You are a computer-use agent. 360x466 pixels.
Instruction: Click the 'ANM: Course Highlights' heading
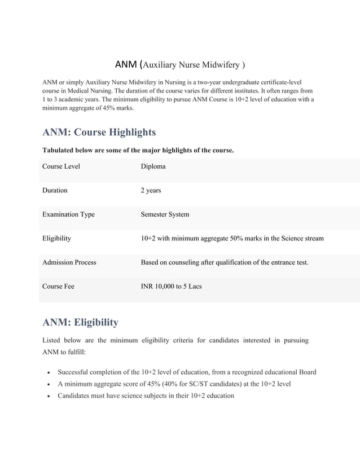99,132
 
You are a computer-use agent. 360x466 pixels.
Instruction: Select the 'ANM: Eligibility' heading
80,322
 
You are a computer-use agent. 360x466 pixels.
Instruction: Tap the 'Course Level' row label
61,166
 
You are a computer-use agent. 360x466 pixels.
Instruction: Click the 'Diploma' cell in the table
153,166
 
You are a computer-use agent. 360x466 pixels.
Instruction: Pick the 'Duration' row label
55,190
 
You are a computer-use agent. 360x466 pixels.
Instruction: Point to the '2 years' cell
151,190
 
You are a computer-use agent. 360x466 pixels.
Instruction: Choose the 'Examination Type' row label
68,214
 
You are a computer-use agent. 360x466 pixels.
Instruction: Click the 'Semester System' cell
165,214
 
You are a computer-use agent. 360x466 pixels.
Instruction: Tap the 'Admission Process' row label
69,262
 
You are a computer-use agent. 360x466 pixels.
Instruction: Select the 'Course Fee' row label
58,286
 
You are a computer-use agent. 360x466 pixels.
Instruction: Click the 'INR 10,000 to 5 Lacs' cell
171,286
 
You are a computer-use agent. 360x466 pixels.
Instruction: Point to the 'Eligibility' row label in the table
56,238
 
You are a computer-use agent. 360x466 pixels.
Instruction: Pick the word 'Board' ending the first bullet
305,372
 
